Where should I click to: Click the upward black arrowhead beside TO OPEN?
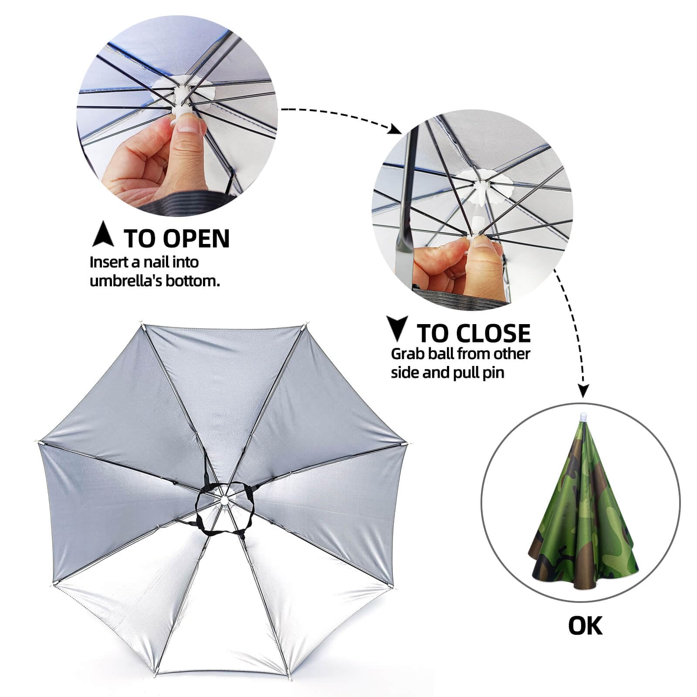[x=103, y=234]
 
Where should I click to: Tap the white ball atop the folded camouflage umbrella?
[x=583, y=417]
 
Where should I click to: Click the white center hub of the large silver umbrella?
[x=223, y=498]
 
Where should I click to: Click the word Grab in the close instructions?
[x=408, y=353]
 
